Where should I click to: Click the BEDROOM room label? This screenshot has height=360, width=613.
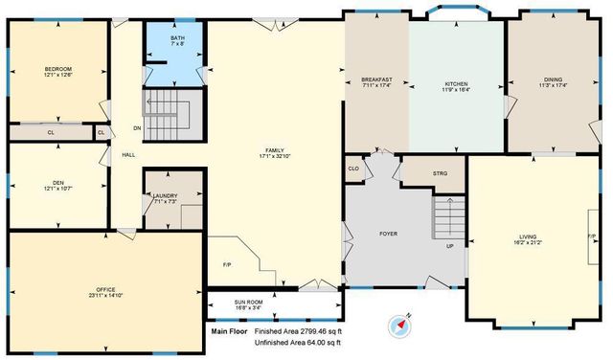pos(58,69)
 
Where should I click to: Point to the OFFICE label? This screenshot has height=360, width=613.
pos(105,288)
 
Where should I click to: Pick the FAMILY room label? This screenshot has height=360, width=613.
pos(275,150)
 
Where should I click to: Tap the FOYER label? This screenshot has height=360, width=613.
pos(388,233)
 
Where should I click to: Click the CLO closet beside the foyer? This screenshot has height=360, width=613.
pos(353,169)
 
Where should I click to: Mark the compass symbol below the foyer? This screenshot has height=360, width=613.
pos(397,326)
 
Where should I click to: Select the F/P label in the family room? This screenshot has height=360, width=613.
pos(227,263)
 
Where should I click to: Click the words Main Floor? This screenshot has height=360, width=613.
pos(230,331)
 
